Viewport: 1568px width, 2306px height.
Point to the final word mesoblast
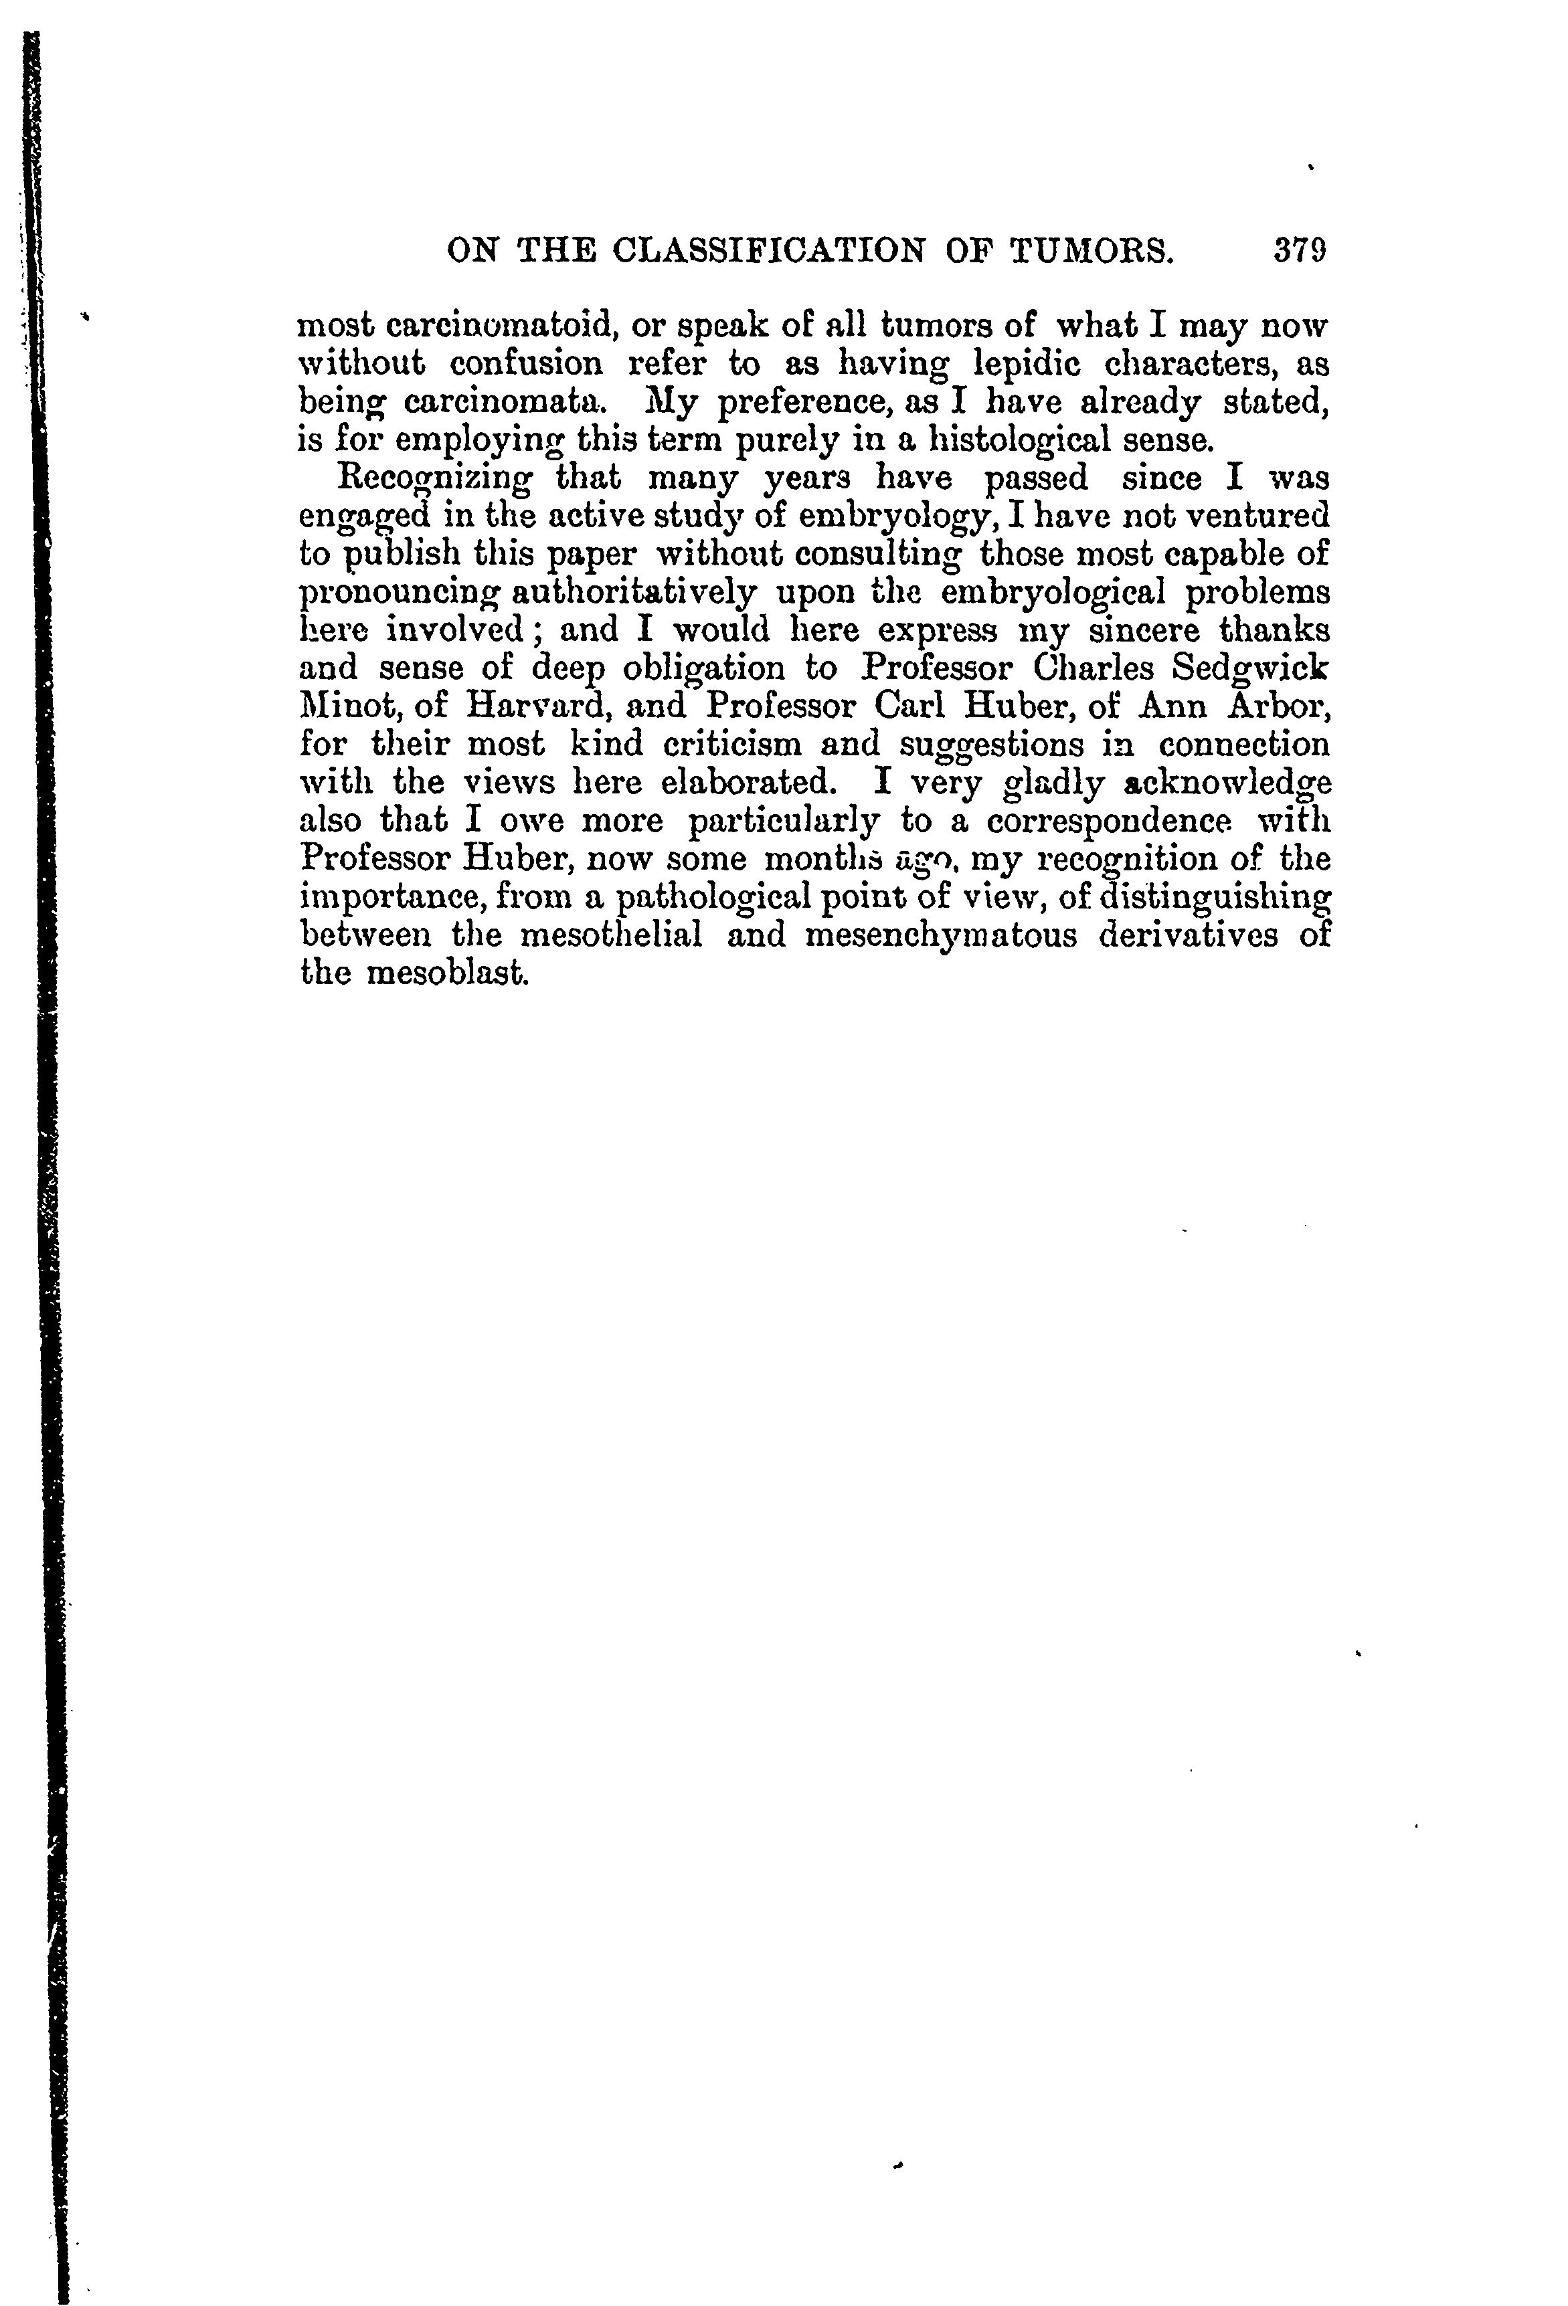446,973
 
